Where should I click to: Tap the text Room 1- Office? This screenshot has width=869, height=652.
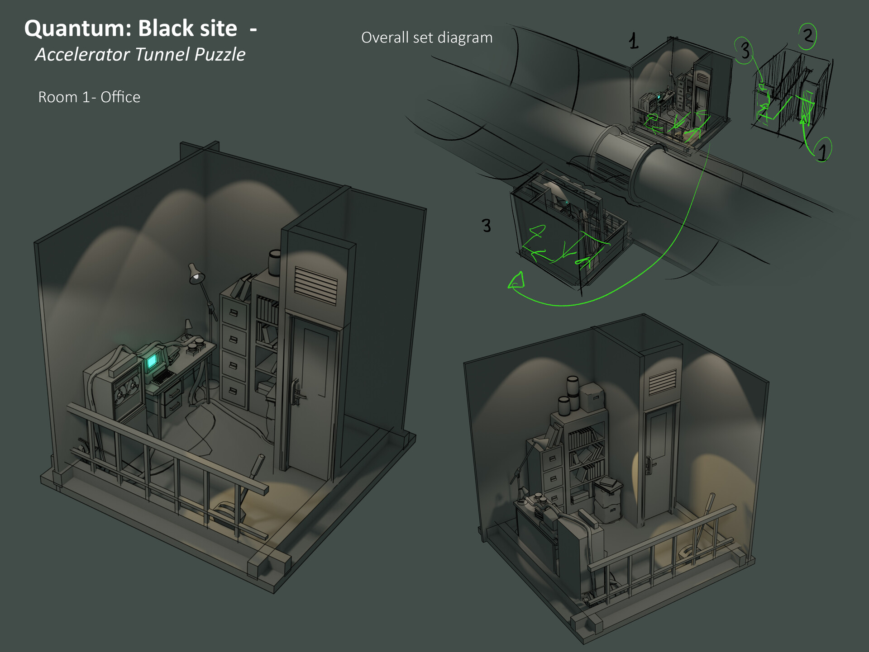pos(89,97)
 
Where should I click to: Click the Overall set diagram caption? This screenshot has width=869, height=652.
pos(426,38)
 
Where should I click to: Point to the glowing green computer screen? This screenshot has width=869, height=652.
pos(153,360)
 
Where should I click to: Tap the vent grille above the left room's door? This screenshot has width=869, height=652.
pos(315,285)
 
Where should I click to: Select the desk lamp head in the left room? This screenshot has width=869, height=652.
pos(196,275)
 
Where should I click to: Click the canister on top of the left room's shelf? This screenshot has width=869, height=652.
pos(274,263)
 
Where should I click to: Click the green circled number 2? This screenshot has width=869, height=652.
pos(807,36)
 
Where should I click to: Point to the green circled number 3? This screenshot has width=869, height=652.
pos(744,51)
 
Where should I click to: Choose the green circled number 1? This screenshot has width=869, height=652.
pos(822,150)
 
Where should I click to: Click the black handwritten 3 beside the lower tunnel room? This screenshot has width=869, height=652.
pos(486,225)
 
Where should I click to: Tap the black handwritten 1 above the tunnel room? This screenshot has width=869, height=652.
pos(633,42)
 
